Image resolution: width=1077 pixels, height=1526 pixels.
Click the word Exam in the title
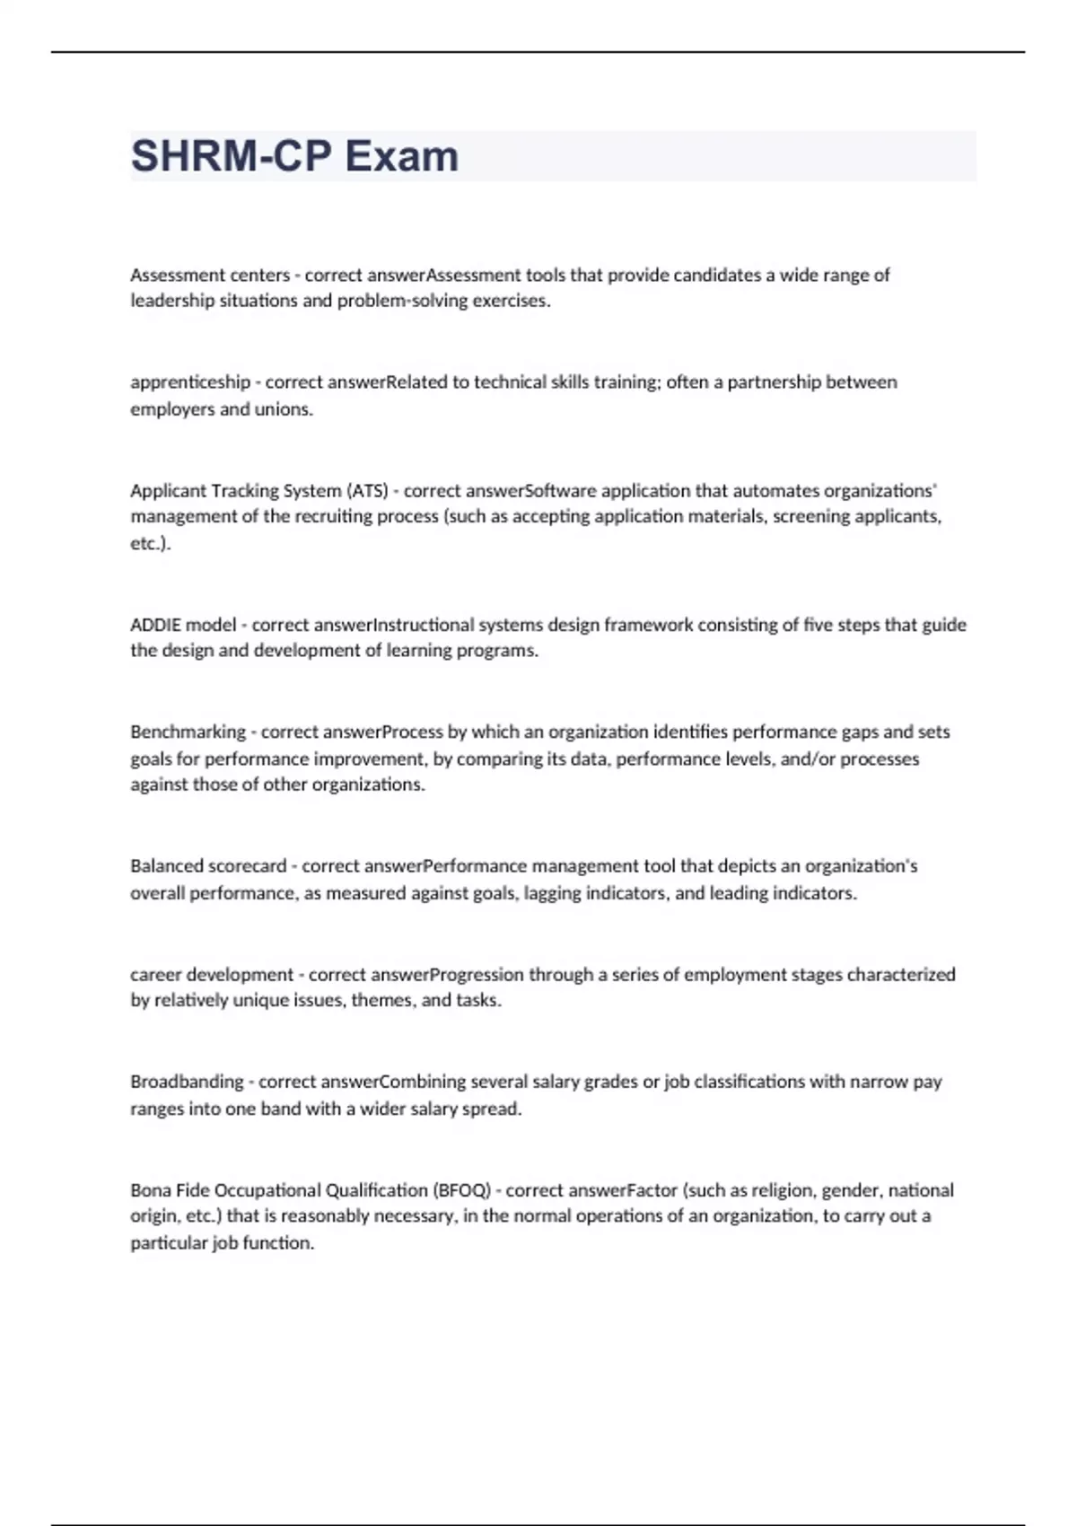point(401,156)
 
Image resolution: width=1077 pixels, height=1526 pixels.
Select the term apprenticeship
point(190,382)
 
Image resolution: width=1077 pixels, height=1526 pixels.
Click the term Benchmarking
point(188,732)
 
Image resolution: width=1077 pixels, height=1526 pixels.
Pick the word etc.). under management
point(150,543)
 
